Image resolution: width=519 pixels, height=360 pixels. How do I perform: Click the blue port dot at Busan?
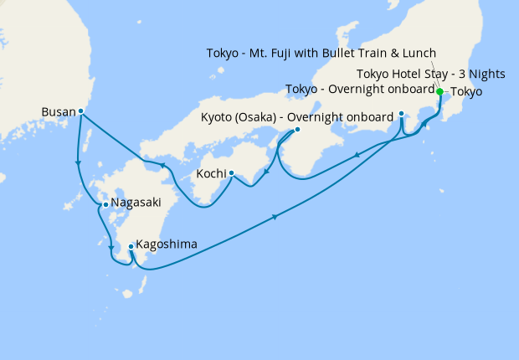point(81,111)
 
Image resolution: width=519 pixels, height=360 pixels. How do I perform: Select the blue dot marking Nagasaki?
point(105,203)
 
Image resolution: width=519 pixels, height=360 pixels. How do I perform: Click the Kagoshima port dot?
point(131,246)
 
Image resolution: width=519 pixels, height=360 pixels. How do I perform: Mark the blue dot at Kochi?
point(231,174)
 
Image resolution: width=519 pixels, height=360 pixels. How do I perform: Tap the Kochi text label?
point(211,174)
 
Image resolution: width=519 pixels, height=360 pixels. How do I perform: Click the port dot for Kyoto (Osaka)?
point(297,131)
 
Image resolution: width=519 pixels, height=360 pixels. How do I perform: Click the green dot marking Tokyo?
point(440,92)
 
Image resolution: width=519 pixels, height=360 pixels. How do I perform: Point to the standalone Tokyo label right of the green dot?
point(466,92)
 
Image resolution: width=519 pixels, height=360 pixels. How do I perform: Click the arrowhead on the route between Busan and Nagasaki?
point(78,163)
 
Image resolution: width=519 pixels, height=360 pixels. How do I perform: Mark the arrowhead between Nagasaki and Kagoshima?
point(111,246)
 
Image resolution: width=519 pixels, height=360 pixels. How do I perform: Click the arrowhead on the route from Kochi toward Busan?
point(162,166)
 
